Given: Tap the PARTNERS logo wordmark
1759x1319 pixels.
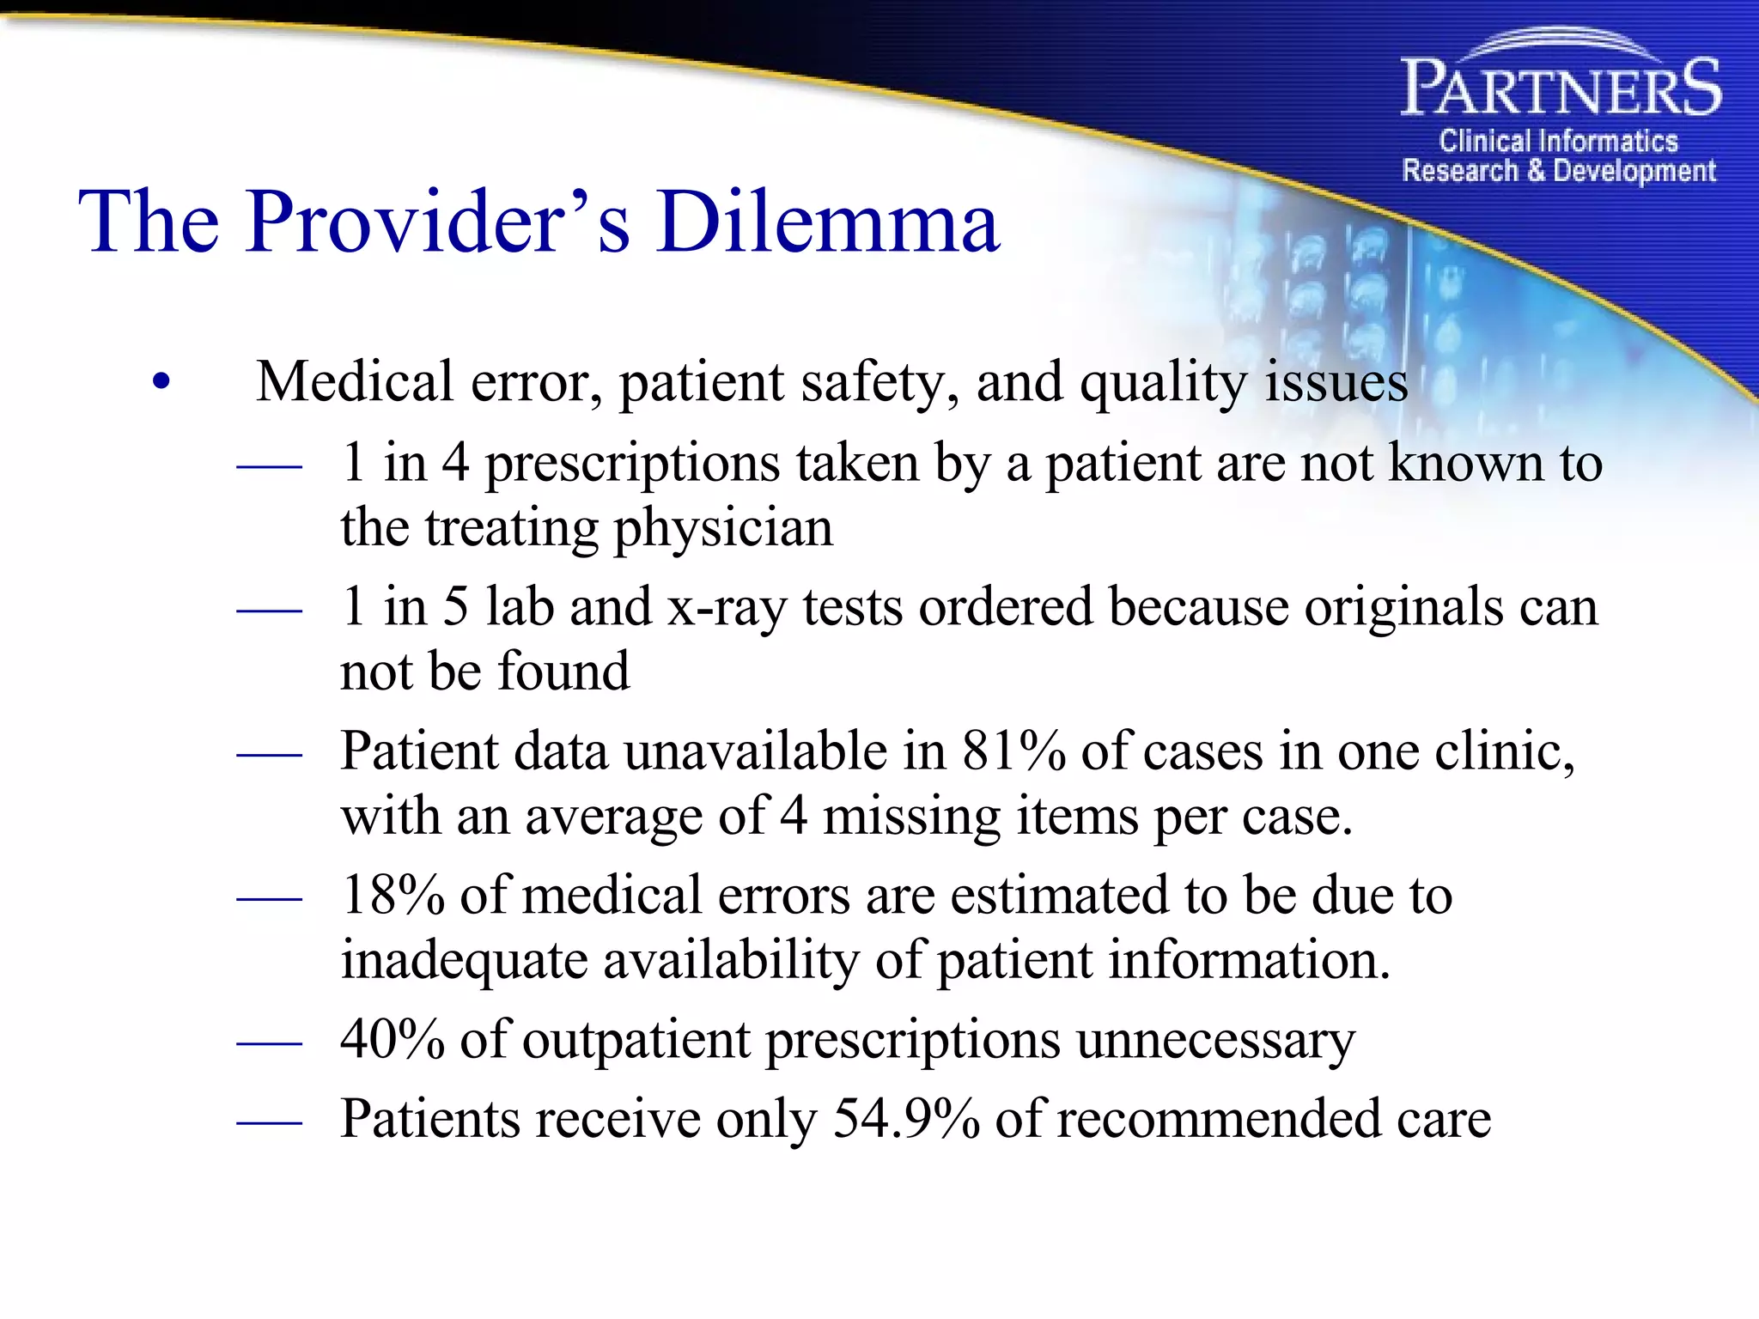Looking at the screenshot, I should pyautogui.click(x=1561, y=88).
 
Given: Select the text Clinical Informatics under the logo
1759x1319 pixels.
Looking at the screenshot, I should pyautogui.click(x=1558, y=141).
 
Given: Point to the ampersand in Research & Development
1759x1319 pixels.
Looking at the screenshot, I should pyautogui.click(x=1536, y=170).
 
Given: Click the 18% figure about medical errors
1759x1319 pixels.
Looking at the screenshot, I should pyautogui.click(x=392, y=896).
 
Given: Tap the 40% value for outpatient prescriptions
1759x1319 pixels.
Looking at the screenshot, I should pyautogui.click(x=392, y=1040).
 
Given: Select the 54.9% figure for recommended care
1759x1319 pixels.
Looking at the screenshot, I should pyautogui.click(x=906, y=1119).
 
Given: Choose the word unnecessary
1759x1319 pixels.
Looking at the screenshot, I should pyautogui.click(x=1215, y=1040).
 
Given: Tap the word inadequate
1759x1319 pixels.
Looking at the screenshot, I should pyautogui.click(x=464, y=960).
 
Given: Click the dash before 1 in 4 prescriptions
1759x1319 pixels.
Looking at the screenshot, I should pyautogui.click(x=269, y=466).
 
